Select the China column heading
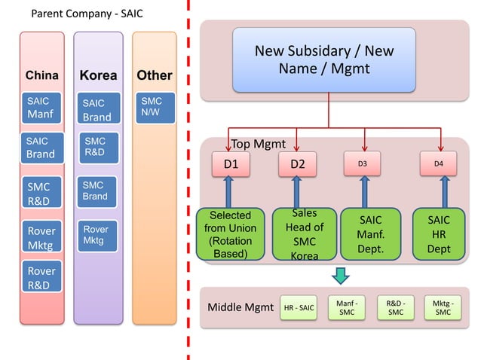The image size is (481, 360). coord(42,75)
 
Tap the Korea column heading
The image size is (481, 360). coord(98,76)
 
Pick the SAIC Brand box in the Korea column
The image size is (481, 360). coord(98,110)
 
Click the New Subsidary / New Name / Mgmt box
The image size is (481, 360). coord(324,60)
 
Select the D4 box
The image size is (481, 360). coord(439,163)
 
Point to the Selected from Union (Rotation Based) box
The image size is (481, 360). coord(230,234)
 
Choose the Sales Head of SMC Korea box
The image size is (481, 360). coord(299,234)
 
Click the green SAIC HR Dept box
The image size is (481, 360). coord(439,234)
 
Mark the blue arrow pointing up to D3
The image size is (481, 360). coord(365,191)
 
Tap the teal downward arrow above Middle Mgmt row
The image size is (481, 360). coord(341,276)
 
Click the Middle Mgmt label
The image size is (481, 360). coord(239,307)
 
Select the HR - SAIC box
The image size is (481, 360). coord(299,307)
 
